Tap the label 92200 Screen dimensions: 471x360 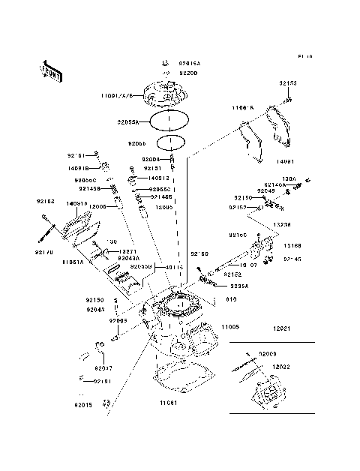[187, 73]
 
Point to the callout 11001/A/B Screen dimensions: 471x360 [118, 97]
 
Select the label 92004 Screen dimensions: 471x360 [151, 160]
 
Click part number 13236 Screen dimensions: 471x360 [282, 224]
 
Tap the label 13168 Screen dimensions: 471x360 [292, 245]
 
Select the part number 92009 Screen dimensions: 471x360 [268, 352]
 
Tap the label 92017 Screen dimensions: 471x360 [103, 367]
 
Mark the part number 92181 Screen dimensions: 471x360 [102, 381]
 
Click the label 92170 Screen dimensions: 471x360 [44, 253]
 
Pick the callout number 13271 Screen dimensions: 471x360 [107, 251]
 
